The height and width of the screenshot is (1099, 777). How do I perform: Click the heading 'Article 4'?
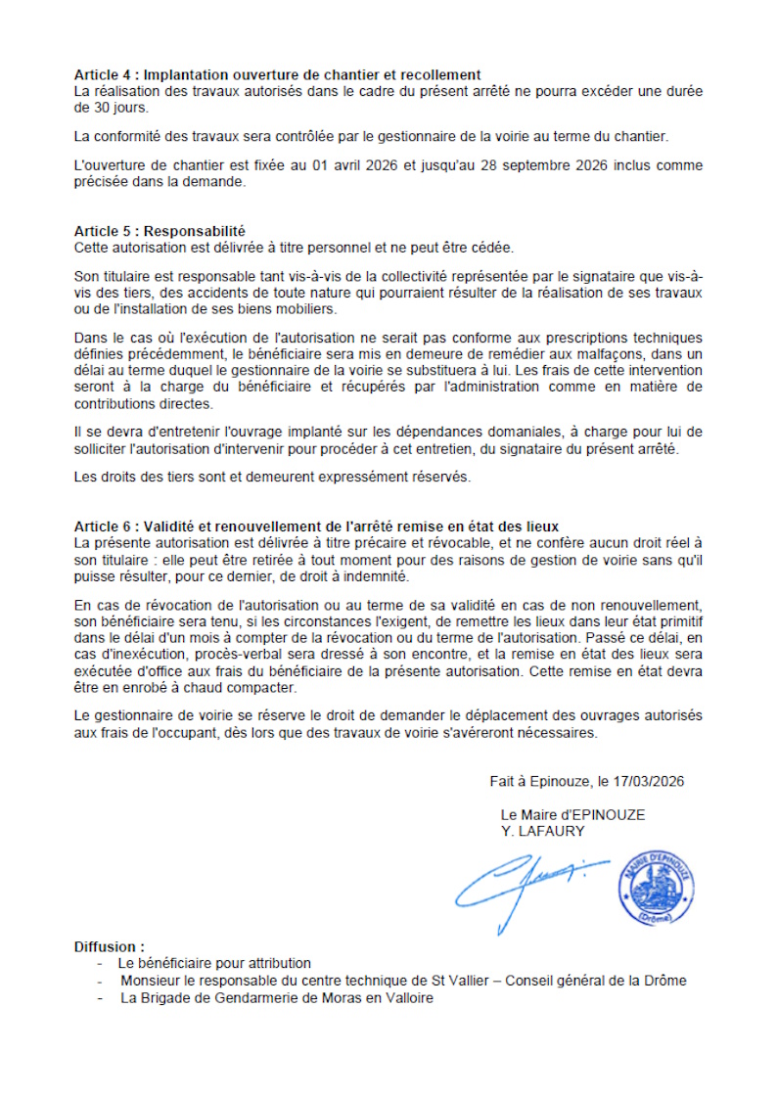pyautogui.click(x=104, y=74)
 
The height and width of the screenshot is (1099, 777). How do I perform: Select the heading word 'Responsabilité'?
pyautogui.click(x=195, y=232)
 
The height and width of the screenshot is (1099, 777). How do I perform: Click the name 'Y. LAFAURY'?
pyautogui.click(x=542, y=831)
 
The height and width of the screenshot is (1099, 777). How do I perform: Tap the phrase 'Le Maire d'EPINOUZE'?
pyautogui.click(x=572, y=814)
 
